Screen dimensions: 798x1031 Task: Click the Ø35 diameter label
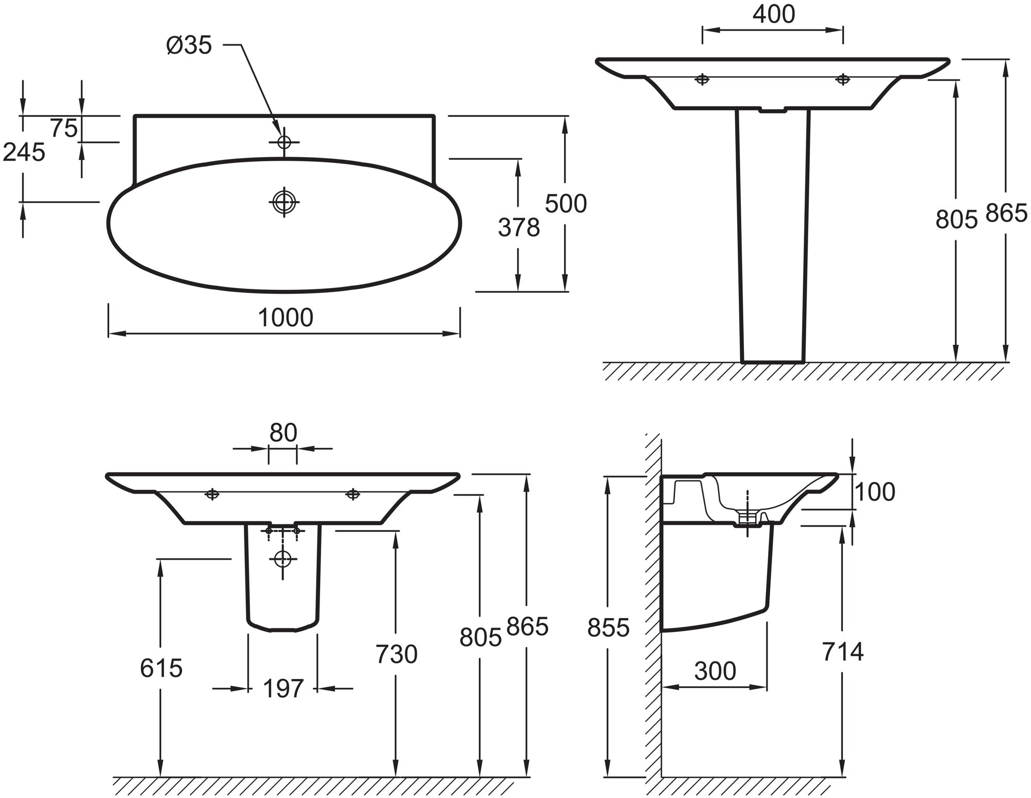point(189,46)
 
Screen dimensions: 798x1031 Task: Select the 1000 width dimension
point(285,318)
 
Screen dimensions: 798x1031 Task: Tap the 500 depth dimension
point(566,204)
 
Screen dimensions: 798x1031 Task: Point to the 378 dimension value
point(519,227)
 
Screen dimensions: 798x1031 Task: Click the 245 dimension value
point(24,152)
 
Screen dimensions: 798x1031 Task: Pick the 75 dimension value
point(64,128)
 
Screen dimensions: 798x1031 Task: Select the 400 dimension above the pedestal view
point(773,14)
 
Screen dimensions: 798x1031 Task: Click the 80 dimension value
point(283,433)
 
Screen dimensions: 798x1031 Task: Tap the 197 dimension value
point(283,689)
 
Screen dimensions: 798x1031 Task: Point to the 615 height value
point(161,669)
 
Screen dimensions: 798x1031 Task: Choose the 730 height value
point(396,655)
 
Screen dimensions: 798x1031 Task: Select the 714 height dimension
point(842,652)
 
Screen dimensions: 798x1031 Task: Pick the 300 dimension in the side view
point(715,671)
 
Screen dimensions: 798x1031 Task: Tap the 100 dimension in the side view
point(875,492)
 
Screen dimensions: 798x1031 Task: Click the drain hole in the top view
point(284,201)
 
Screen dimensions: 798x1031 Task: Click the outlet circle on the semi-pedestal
point(282,558)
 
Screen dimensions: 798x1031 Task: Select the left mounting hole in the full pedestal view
point(702,79)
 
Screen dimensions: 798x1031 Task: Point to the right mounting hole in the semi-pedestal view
point(353,494)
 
